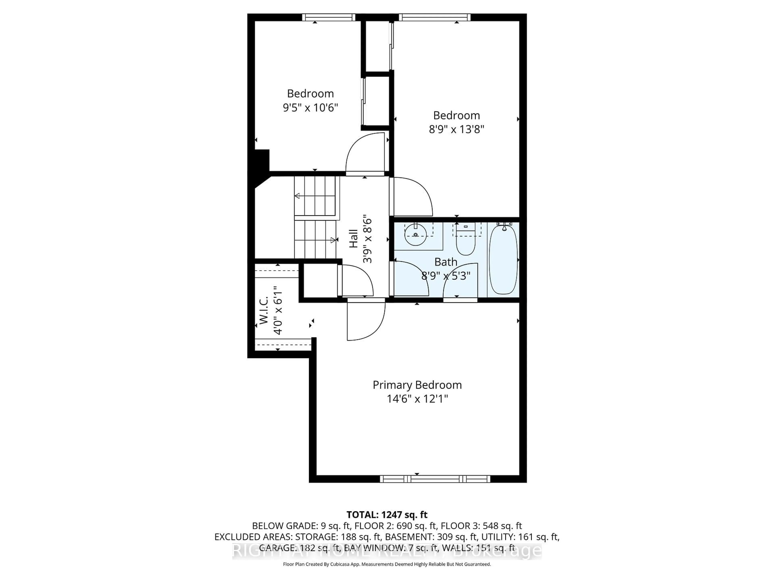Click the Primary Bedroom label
pos(417,385)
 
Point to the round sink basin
pos(415,235)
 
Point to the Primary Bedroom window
pos(435,479)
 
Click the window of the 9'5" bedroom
pos(328,17)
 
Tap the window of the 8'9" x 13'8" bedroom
pos(434,17)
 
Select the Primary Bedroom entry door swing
pos(366,320)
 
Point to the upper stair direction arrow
pos(298,196)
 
